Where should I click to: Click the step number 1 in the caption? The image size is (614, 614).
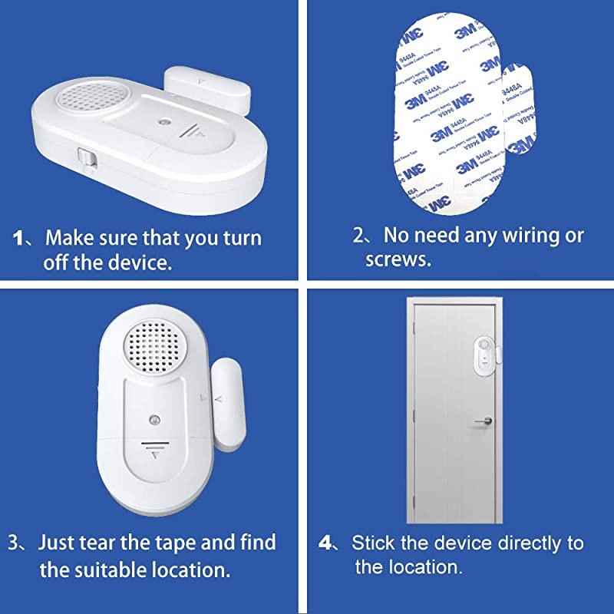(21, 238)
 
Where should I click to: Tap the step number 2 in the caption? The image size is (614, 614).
(360, 235)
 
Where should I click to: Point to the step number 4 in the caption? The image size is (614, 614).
(326, 543)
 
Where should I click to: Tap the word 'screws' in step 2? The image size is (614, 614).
(398, 259)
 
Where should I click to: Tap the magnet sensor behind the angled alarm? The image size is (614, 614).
(203, 86)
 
